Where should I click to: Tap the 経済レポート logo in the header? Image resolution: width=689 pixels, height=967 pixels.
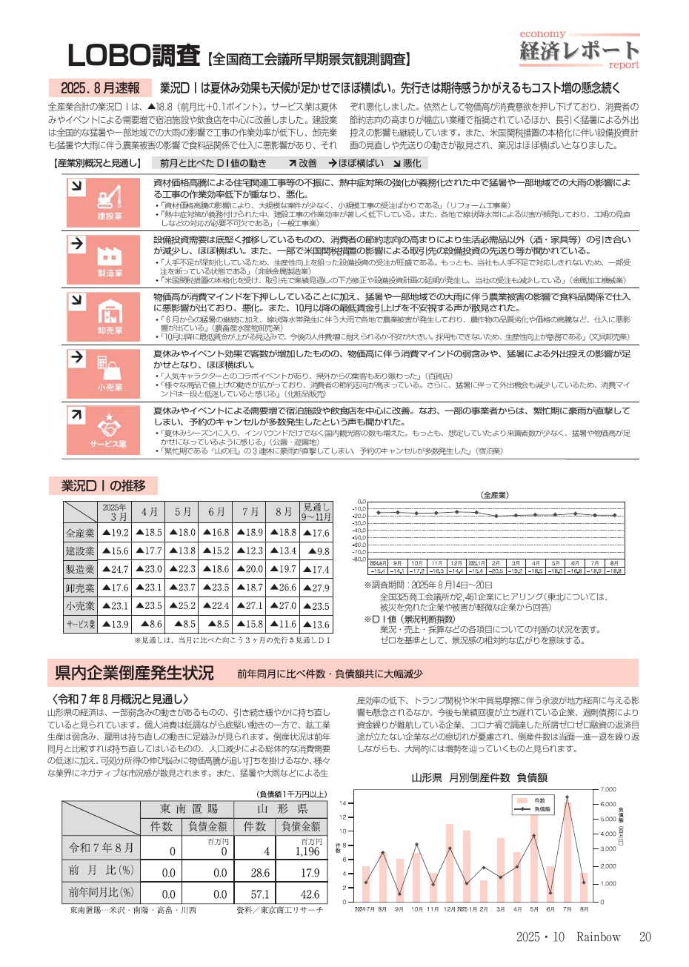coord(579,50)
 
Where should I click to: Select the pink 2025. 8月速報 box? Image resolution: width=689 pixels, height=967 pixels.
coord(96,88)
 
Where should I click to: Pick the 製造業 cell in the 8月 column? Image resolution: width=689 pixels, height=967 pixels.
coord(283,569)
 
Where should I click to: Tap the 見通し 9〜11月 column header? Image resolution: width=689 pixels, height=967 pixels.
coord(316,512)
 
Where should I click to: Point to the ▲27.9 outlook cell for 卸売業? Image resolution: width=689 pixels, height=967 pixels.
coord(316,588)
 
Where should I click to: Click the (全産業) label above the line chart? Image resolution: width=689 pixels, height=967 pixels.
coord(495,494)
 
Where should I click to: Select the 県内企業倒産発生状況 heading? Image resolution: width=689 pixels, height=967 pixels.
coord(134,673)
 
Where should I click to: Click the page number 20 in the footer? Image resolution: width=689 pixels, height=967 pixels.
coord(645,937)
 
